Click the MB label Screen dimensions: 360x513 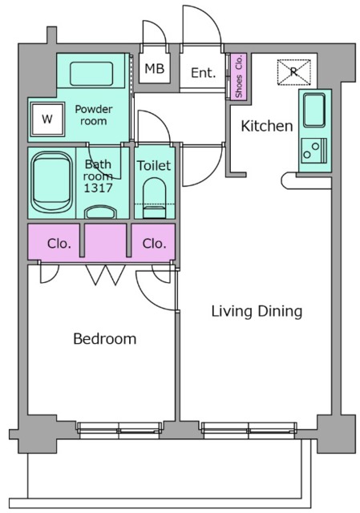155,69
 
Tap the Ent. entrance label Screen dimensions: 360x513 203,73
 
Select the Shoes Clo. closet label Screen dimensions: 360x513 239,76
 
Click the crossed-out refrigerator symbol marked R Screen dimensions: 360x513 294,72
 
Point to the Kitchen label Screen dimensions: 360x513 267,126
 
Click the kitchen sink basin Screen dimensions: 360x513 314,110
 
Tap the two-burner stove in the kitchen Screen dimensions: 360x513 314,151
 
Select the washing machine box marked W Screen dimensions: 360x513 47,119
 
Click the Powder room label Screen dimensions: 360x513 94,115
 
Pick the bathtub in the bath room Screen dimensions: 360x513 51,182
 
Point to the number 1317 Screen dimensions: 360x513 98,188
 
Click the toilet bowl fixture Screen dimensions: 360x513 155,198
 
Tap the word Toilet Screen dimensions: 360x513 154,166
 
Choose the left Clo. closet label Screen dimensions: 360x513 59,244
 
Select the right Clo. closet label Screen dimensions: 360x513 155,244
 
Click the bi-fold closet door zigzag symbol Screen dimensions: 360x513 105,275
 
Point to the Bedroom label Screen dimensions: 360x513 105,338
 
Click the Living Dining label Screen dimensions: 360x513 257,311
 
